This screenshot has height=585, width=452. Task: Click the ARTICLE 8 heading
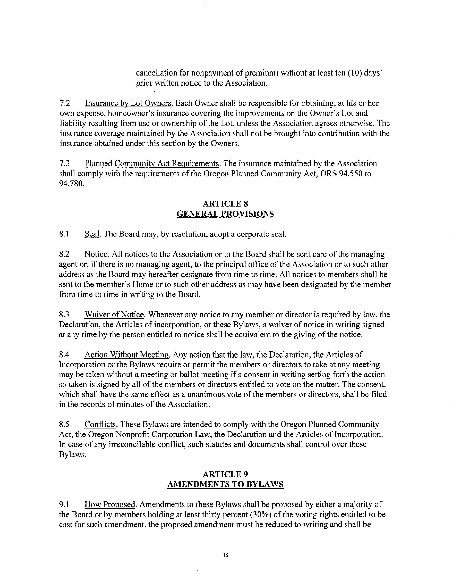point(225,204)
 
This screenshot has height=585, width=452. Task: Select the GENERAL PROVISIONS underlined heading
point(225,214)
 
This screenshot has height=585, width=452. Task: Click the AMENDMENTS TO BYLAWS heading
point(225,484)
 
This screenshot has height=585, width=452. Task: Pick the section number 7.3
point(65,163)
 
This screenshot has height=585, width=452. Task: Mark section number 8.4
point(65,355)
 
